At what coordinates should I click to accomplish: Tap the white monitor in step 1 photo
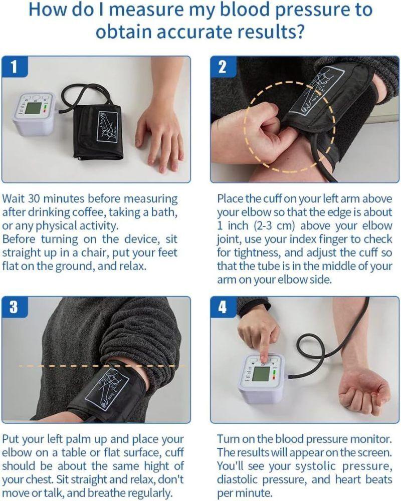pyautogui.click(x=33, y=113)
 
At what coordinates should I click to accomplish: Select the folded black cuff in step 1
pyautogui.click(x=98, y=128)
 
